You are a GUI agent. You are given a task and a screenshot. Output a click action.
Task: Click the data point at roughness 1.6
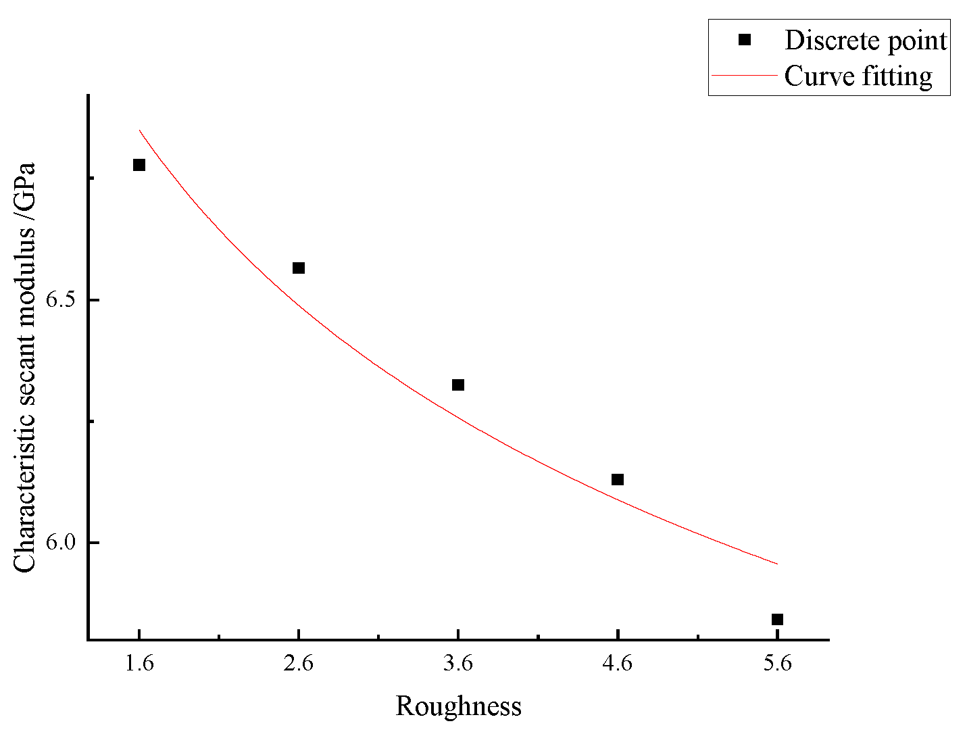139,165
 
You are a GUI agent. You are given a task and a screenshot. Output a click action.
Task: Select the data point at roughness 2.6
299,268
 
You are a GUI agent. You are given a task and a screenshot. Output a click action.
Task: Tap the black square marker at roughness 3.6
458,385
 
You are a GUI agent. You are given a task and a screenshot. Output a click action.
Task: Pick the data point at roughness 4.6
618,480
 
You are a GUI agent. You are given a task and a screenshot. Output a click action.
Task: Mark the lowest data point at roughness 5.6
777,620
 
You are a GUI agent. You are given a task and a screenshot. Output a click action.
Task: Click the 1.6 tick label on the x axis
139,664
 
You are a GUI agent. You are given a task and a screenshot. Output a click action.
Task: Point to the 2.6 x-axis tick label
299,664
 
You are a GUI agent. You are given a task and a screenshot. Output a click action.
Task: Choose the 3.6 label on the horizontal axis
458,664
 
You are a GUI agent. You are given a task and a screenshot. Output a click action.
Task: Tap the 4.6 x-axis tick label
618,664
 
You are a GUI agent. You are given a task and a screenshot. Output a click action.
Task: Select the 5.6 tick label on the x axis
777,664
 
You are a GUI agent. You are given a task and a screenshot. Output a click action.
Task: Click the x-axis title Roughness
458,706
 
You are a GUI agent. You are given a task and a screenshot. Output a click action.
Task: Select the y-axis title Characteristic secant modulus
25,368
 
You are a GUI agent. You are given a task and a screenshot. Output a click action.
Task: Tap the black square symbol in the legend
745,40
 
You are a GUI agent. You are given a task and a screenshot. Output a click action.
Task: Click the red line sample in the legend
745,76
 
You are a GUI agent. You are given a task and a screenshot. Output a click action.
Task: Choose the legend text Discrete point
866,41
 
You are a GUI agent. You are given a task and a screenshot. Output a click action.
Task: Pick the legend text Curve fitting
858,76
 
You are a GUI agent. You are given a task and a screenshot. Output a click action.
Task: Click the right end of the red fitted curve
777,564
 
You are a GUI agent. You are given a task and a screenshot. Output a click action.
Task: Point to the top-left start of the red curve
139,130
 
